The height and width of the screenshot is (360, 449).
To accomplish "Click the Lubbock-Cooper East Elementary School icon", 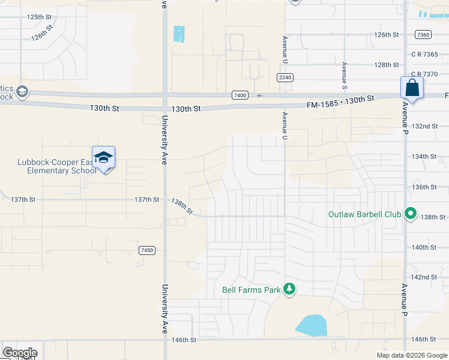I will click(x=103, y=158).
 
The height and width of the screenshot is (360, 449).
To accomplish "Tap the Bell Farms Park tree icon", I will click(x=289, y=289).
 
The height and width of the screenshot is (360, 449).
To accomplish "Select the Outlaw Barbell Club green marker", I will click(x=411, y=214).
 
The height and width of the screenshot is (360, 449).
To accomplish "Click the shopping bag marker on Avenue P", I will click(x=412, y=88).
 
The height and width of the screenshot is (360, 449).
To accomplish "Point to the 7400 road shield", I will click(x=240, y=95).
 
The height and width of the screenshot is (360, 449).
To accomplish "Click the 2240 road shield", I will click(x=285, y=77).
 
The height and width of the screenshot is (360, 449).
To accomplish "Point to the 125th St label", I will click(x=40, y=17).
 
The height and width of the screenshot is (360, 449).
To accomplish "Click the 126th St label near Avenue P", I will click(x=387, y=35).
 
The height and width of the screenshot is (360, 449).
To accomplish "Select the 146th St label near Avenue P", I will click(x=424, y=339).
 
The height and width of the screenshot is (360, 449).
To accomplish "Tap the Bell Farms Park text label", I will click(x=252, y=290).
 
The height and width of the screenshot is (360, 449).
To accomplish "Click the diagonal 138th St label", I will click(x=181, y=206).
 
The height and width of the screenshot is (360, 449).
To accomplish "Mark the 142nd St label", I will click(x=424, y=277).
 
